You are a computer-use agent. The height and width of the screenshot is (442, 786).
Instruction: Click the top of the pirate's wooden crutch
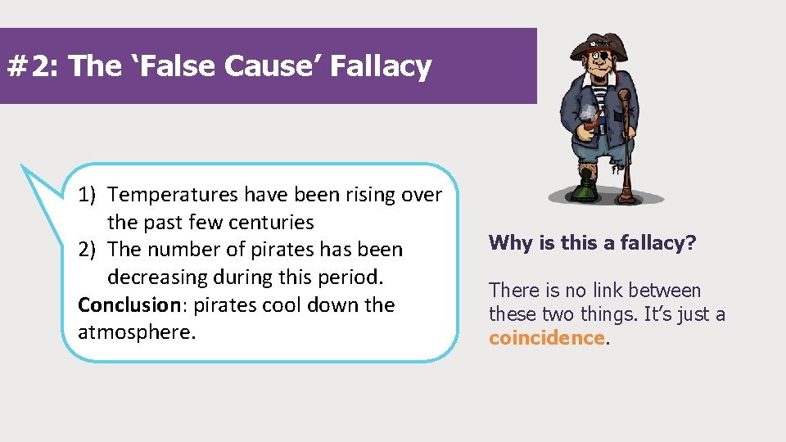tap(625, 96)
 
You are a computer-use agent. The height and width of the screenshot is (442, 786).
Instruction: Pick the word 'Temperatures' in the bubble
tap(174, 195)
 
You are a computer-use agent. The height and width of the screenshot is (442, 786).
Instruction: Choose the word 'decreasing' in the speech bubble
tap(162, 277)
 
